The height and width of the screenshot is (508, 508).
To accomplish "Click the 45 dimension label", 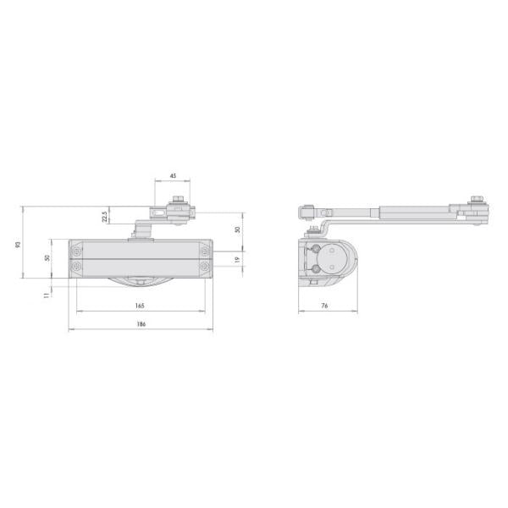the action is (173, 176).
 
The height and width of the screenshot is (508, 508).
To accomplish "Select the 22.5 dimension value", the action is (104, 217).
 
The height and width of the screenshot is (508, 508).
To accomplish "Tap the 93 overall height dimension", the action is (18, 245).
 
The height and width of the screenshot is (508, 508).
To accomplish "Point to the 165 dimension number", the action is (140, 306).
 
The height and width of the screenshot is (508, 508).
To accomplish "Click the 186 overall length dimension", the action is (141, 323).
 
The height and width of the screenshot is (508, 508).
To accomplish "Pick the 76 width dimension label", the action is (324, 306).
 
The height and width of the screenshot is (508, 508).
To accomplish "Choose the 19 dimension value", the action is (237, 260).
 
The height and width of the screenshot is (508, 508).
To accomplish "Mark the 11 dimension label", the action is (47, 295).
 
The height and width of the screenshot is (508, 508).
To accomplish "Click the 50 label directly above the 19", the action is (237, 229).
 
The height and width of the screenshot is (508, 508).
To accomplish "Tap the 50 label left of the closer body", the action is (47, 258).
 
